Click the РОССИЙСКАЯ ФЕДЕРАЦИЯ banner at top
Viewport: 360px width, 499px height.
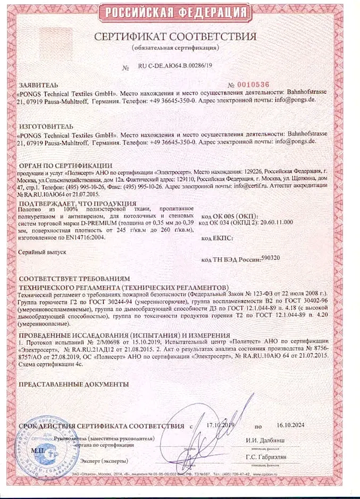tap(180, 12)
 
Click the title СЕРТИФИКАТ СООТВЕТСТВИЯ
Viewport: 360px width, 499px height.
tap(176, 37)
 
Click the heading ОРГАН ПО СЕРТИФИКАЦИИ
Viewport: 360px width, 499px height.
tap(65, 165)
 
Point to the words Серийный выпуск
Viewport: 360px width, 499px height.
tap(42, 252)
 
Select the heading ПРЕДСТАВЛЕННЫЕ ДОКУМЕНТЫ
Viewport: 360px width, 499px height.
tap(73, 384)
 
